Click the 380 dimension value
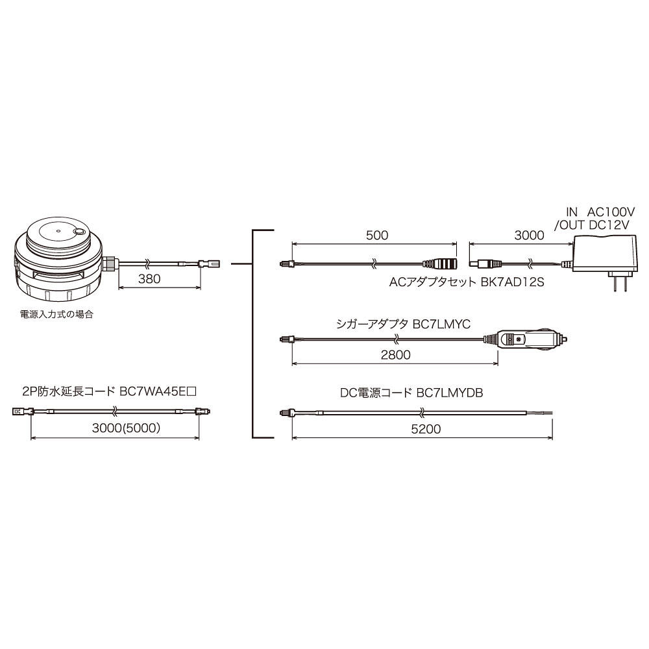[149, 279]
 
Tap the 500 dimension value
[377, 235]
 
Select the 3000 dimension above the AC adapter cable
[529, 235]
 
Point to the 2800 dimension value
[396, 355]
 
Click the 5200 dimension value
[426, 429]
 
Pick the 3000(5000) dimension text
[127, 428]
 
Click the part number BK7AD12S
[513, 282]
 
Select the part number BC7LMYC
[441, 324]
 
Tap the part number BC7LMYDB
[450, 393]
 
